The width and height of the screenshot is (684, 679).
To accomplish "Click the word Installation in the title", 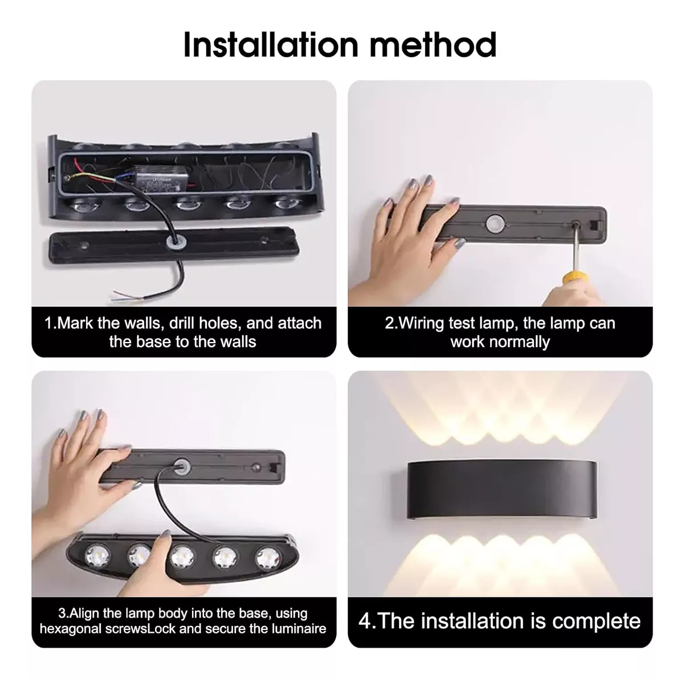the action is point(271,44).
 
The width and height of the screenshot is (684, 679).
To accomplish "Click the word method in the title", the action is point(433,44).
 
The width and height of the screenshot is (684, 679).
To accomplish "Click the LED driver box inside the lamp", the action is point(157,181).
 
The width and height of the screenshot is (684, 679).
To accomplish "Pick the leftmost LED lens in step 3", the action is point(97,554).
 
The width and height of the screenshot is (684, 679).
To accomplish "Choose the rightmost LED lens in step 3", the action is point(267,556).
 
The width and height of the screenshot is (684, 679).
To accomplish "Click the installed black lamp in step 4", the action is point(502,490).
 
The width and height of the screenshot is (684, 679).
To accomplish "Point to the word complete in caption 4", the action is point(596,621).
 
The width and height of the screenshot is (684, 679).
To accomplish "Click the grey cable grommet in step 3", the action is point(181,467).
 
